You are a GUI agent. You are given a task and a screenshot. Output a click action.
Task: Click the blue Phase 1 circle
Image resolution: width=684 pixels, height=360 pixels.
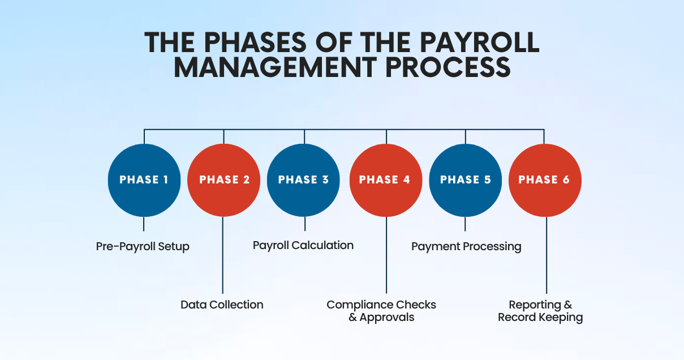click(x=144, y=180)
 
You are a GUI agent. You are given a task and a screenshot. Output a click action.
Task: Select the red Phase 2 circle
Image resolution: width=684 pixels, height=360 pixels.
click(x=224, y=180)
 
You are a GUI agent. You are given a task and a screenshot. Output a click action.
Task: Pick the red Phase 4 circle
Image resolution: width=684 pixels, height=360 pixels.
click(x=386, y=180)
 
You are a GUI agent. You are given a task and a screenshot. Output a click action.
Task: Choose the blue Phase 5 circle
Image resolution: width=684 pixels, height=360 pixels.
click(x=465, y=180)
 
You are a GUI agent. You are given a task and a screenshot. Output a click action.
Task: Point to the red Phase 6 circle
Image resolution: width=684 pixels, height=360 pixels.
click(x=545, y=180)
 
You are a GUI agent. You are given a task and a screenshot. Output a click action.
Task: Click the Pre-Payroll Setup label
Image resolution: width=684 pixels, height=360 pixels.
click(x=143, y=247)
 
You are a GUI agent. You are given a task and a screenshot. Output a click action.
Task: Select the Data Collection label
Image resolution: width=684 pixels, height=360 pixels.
click(x=222, y=305)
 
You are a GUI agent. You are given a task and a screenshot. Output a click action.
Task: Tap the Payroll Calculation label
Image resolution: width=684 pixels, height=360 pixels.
click(x=303, y=245)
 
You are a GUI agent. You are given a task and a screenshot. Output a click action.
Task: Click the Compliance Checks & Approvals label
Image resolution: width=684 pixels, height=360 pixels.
click(x=381, y=311)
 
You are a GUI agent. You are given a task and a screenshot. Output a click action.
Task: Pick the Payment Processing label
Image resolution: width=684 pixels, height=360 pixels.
click(x=466, y=247)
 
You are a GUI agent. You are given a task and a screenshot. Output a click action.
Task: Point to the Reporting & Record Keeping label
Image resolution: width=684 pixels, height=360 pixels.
click(x=540, y=311)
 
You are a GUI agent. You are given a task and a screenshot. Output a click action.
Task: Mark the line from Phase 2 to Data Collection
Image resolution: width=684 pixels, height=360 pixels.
click(x=223, y=255)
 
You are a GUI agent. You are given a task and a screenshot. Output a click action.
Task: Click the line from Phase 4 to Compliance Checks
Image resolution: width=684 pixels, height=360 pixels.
click(x=386, y=255)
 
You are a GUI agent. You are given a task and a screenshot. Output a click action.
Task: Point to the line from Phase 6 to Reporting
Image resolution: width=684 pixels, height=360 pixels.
click(x=547, y=255)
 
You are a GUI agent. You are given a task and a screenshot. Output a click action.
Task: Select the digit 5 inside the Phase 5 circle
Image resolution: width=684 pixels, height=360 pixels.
click(x=488, y=180)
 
